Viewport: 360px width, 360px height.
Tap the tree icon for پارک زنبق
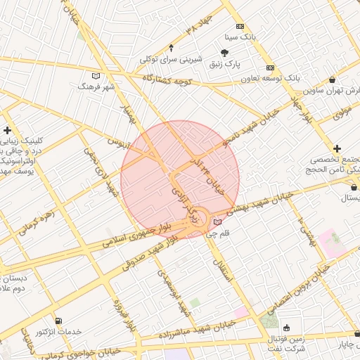[x=224, y=53]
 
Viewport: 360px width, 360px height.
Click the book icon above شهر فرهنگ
[x=96, y=76]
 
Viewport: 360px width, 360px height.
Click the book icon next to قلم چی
[x=217, y=222]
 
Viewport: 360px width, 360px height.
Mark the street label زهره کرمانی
[x=36, y=219]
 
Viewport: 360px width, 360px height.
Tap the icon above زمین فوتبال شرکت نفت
[x=286, y=328]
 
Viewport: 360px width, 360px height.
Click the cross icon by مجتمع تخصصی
[x=338, y=149]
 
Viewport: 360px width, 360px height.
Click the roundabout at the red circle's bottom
[x=199, y=219]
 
